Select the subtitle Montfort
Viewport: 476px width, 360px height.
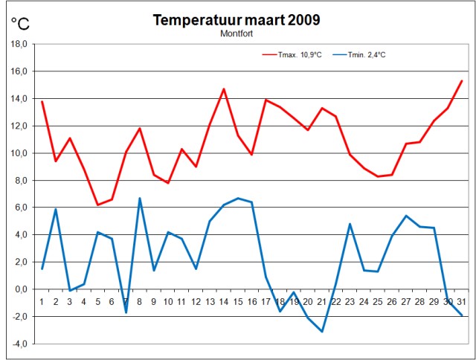click(x=237, y=33)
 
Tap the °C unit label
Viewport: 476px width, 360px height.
click(x=20, y=24)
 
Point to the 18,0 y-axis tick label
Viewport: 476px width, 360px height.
click(x=19, y=44)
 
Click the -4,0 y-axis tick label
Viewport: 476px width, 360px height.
click(x=19, y=344)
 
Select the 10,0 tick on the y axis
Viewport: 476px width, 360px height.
click(x=19, y=153)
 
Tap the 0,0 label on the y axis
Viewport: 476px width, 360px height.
click(x=20, y=289)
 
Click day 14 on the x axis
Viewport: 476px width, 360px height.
click(x=223, y=302)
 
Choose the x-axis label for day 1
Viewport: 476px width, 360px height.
click(x=42, y=302)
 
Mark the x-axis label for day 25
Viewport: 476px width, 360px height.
click(x=378, y=302)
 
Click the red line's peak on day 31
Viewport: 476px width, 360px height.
click(x=462, y=80)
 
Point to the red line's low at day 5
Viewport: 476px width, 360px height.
click(x=97, y=205)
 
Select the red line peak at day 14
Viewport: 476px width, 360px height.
click(x=223, y=89)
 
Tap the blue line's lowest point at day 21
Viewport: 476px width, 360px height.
click(x=322, y=332)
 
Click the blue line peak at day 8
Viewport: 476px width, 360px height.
click(x=140, y=198)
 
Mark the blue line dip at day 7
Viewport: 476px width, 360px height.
click(x=126, y=312)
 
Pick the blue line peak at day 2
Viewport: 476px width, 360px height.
click(x=56, y=209)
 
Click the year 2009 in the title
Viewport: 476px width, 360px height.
click(x=301, y=20)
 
